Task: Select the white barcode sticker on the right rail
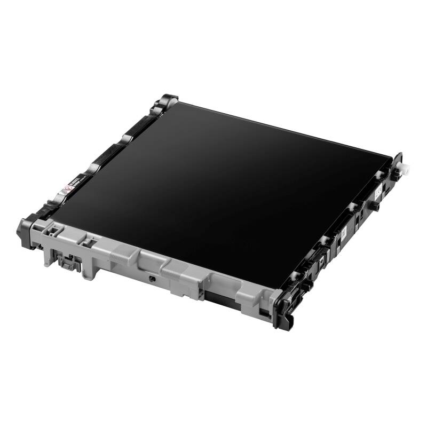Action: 344,233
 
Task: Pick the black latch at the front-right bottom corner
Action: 283,312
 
